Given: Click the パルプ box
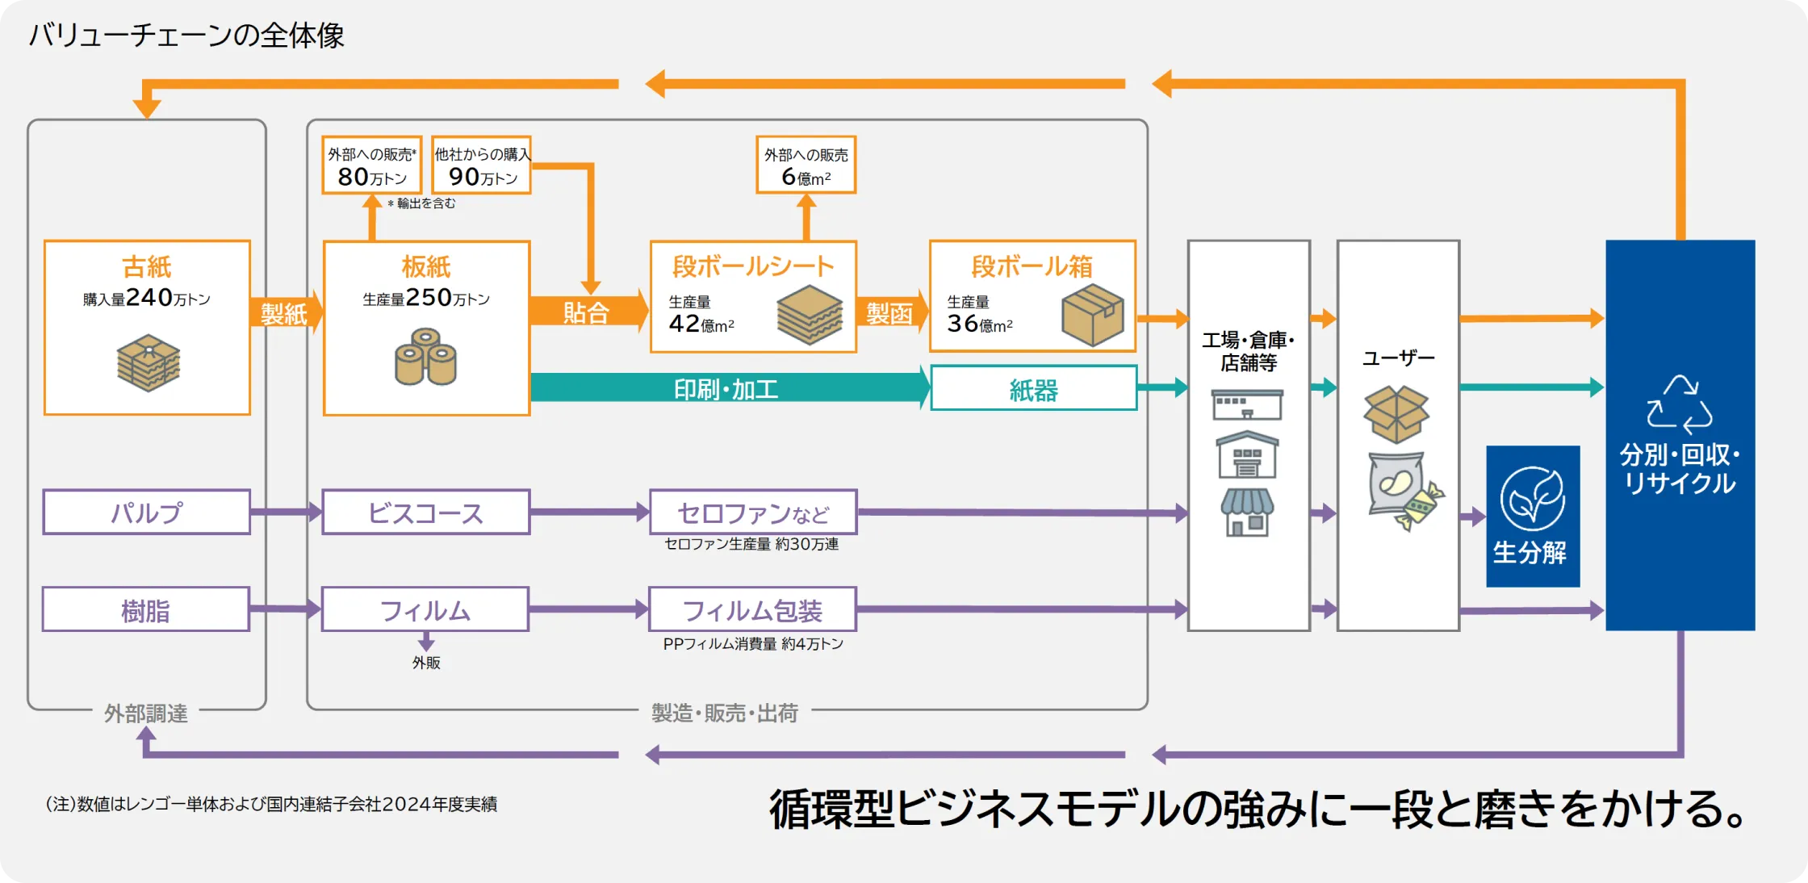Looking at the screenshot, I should (146, 512).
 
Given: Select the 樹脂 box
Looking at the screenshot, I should (146, 609).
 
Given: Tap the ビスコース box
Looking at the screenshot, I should (425, 512).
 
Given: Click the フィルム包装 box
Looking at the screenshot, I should (752, 609).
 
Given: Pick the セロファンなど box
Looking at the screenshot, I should (752, 512).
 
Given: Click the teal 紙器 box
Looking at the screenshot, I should (1033, 388).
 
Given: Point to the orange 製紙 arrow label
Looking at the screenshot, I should (284, 313).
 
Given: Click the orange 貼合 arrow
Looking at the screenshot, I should (587, 312).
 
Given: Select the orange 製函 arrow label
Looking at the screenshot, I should (889, 313).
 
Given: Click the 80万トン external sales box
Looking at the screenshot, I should (371, 165).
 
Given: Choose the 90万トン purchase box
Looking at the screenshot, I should (482, 165).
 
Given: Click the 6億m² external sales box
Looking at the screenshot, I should (806, 165).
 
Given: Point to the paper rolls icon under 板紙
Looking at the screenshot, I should (425, 356).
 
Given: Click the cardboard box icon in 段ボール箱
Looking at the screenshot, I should (1092, 315).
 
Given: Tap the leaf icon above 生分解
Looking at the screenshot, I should (1532, 498).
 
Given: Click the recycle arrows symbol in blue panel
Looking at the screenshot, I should (1679, 404).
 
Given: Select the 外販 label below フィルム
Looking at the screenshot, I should (426, 663).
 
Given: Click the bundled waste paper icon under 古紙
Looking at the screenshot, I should (148, 362).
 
